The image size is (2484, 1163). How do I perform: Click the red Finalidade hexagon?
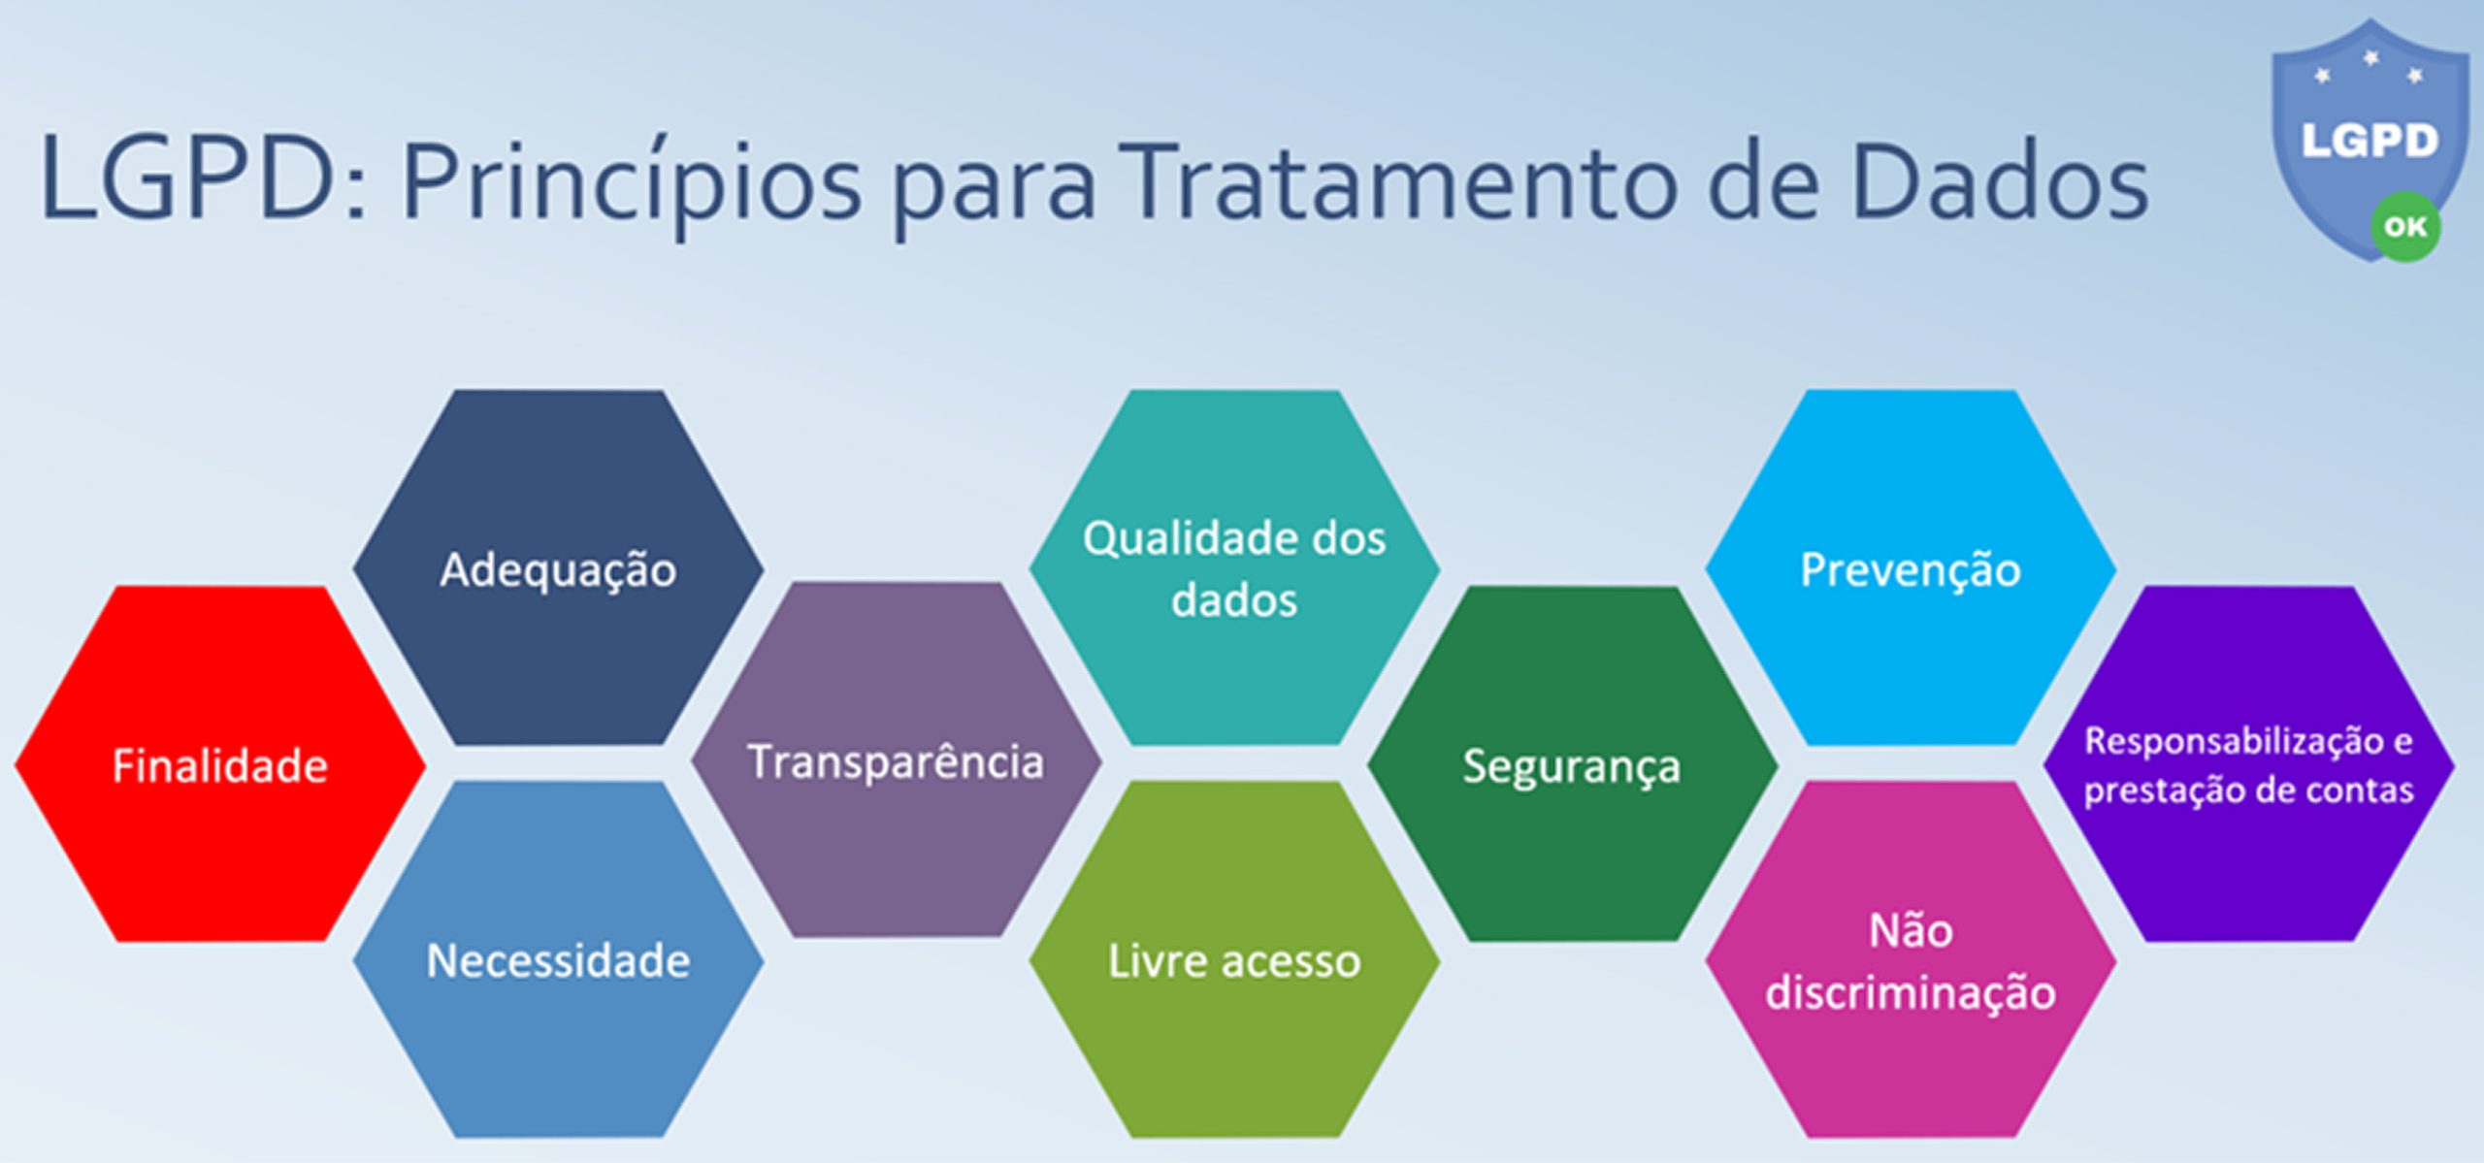(x=220, y=764)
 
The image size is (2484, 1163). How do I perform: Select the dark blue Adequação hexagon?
(x=558, y=568)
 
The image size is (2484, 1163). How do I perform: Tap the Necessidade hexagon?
(x=558, y=960)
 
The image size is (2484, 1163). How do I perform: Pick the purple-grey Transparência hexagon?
(x=896, y=760)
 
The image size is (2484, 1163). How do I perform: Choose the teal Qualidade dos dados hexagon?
(x=1234, y=568)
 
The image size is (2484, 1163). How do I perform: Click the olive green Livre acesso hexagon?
(x=1234, y=960)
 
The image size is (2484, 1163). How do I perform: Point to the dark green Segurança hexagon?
(x=1572, y=764)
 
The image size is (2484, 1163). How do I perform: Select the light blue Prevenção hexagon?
(x=1911, y=568)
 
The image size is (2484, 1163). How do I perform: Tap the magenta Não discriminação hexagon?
(x=1911, y=960)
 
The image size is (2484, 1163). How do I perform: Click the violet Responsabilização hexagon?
(x=2248, y=764)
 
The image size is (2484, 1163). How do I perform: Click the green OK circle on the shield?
(x=2405, y=227)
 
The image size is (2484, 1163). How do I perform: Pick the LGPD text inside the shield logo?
(x=2370, y=142)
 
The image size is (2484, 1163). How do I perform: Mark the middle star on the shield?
(x=2370, y=59)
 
